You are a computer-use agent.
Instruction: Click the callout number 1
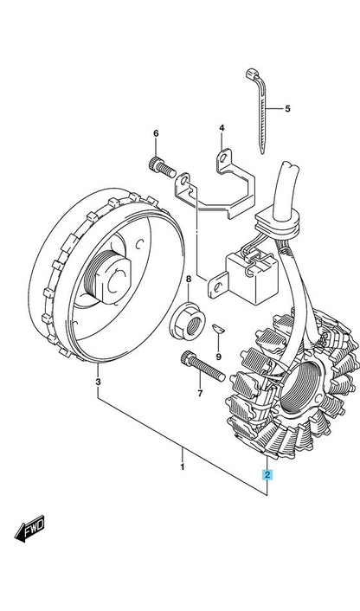tap(182, 466)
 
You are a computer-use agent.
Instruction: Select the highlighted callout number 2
tap(267, 474)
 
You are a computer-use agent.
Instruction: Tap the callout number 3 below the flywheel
tap(98, 382)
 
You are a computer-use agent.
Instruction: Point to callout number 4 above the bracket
tap(222, 128)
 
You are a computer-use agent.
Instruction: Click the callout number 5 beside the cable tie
tap(287, 109)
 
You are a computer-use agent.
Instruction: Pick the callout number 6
tap(156, 133)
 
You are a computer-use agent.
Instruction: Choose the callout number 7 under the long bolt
tap(200, 394)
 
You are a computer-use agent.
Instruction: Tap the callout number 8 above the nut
tap(189, 279)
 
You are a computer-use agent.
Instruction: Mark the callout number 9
tap(219, 357)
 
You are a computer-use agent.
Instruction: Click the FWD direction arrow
tap(29, 529)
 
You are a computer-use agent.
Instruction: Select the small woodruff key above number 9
tap(219, 328)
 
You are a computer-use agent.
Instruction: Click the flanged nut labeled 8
tap(188, 321)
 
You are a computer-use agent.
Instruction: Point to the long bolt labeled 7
tap(203, 366)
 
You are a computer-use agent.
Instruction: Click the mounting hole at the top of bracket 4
tap(223, 158)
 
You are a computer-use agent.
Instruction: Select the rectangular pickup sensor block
tap(253, 276)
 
